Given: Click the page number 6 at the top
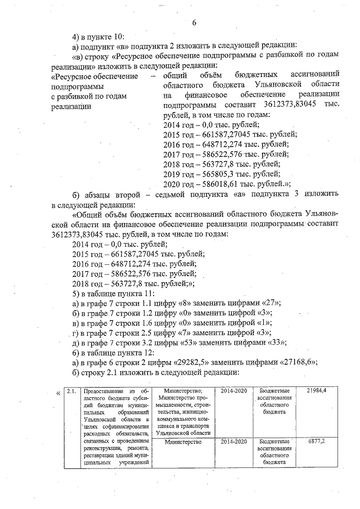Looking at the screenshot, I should [194, 23].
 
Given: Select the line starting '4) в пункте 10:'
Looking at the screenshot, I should [100, 37].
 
